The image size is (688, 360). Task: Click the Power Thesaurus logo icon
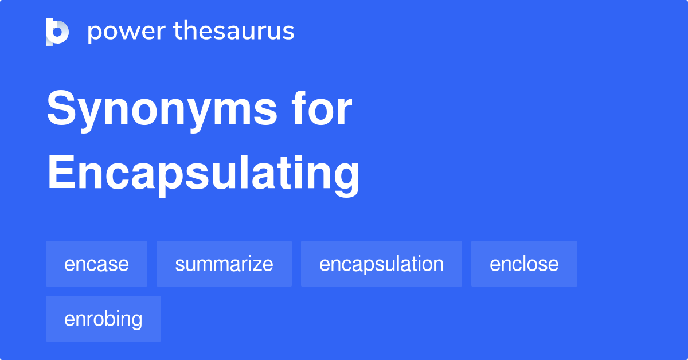coord(57,32)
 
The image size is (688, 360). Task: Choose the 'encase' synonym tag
coord(96,264)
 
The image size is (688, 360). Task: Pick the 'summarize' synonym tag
coord(224,264)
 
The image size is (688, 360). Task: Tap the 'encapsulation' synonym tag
coord(381,264)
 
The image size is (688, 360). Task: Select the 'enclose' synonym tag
coord(524,264)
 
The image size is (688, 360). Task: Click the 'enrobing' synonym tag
coord(103,319)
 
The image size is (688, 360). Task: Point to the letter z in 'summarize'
coord(255,265)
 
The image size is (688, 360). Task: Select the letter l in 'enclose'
coord(521,263)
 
